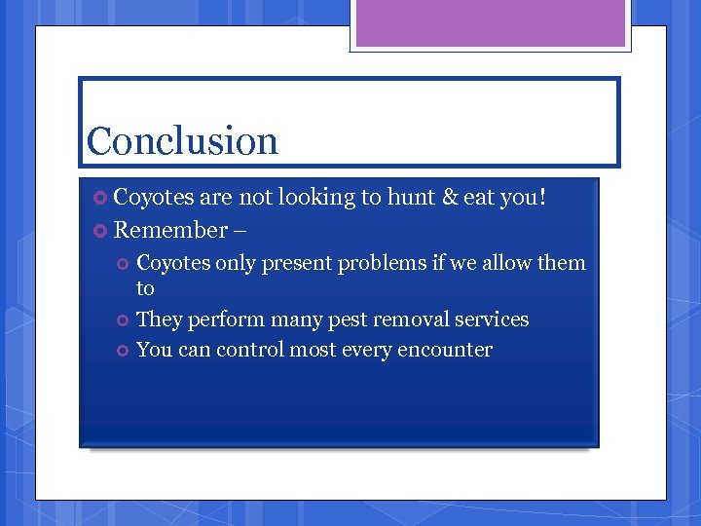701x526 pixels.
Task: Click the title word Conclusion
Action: click(x=182, y=141)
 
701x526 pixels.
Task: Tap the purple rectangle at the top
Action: click(x=491, y=23)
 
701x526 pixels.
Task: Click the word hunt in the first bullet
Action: click(x=412, y=198)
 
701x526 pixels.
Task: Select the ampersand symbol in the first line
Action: click(x=450, y=198)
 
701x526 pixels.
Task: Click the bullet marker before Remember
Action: click(x=101, y=231)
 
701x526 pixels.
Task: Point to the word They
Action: click(x=159, y=319)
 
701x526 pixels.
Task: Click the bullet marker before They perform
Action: click(x=124, y=320)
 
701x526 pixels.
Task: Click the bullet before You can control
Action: click(x=124, y=351)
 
